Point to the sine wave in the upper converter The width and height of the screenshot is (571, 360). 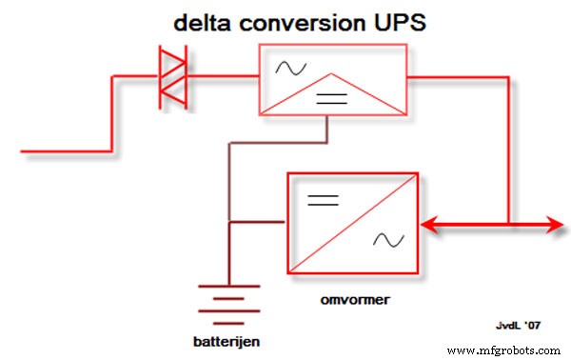286,67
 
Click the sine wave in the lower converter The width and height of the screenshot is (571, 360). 387,241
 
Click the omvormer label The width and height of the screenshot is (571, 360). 350,298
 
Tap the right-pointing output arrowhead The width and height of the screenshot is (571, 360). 553,226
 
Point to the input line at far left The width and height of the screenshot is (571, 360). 57,150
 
